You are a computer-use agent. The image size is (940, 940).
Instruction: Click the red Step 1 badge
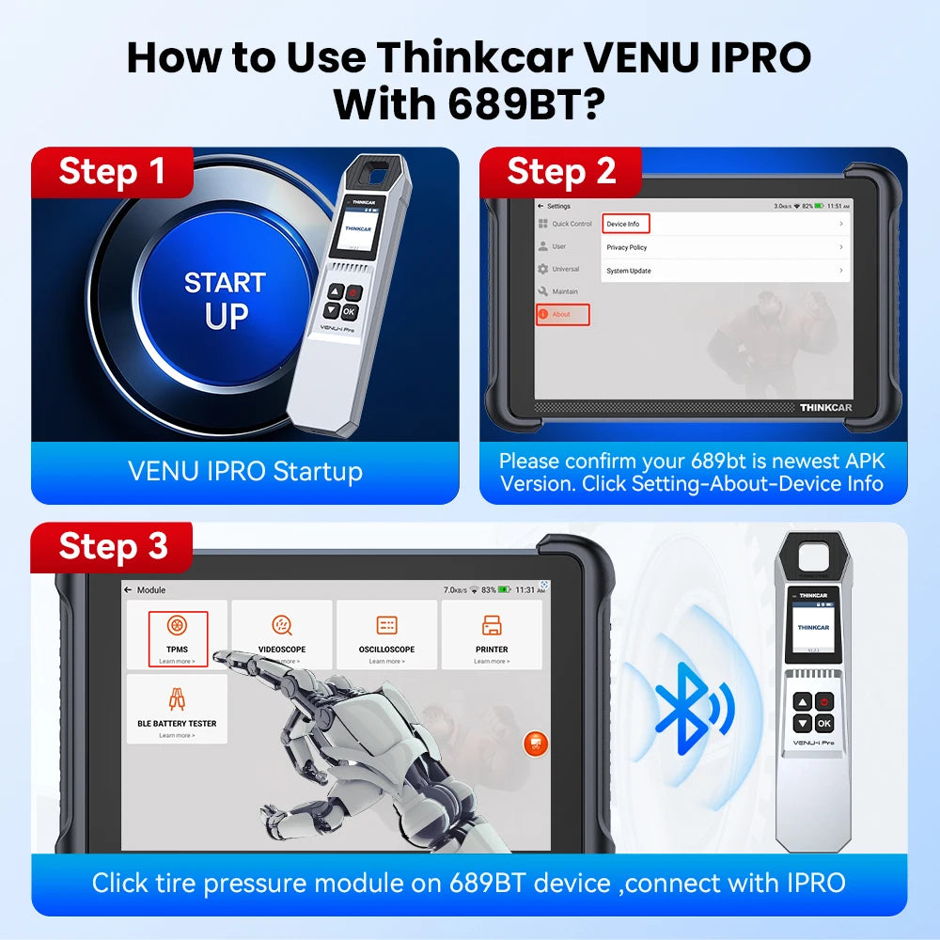[112, 172]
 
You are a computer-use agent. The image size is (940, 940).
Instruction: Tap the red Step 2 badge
[560, 172]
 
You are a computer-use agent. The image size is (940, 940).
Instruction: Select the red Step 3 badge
[112, 546]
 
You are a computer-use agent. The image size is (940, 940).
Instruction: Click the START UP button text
[225, 300]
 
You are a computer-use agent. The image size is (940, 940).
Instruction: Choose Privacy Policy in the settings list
[627, 247]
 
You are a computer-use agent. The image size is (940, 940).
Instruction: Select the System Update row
[629, 271]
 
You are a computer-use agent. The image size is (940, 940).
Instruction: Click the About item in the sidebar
[562, 314]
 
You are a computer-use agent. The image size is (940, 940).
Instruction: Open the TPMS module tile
[177, 636]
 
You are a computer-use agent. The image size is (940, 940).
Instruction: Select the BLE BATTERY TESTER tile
[177, 710]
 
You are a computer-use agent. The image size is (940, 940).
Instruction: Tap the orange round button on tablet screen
[535, 744]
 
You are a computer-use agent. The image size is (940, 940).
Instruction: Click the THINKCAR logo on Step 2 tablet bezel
[824, 407]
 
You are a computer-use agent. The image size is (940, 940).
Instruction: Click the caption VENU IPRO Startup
[245, 471]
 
